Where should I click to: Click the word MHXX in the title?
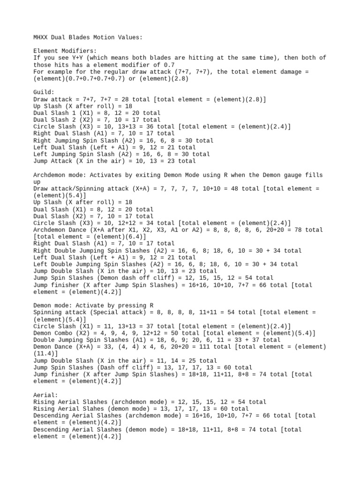point(42,37)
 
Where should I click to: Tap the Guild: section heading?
point(44,92)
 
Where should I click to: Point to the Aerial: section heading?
point(45,395)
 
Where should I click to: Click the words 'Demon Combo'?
point(52,333)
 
